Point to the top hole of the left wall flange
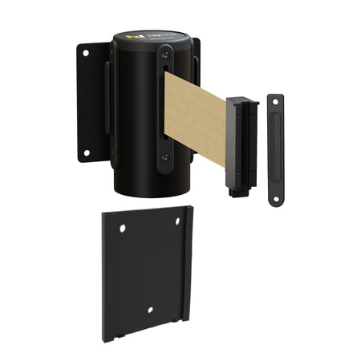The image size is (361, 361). (86, 53)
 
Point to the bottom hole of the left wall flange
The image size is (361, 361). (86, 152)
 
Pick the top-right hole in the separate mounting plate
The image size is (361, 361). (178, 221)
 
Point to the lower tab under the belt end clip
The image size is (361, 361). (236, 190)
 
